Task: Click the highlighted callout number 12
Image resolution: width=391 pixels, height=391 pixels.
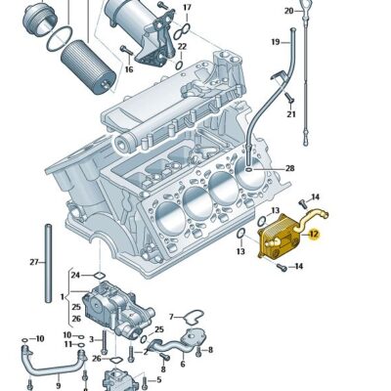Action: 314,234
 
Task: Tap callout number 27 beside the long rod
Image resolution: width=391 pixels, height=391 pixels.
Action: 32,262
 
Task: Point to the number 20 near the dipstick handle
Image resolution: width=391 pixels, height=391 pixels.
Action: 288,11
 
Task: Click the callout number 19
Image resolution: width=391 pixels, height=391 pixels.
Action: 276,41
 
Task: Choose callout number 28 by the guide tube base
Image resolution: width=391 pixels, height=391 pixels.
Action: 289,169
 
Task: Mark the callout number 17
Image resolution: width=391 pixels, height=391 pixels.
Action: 188,8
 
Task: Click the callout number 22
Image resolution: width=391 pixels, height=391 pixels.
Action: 182,46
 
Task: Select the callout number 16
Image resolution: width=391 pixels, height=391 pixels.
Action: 128,69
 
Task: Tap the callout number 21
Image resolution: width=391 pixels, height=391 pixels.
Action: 290,115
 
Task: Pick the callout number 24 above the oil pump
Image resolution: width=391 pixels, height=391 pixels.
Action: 75,276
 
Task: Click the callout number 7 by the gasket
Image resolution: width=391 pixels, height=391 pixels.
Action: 169,316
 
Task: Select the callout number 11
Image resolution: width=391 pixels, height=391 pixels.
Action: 67,345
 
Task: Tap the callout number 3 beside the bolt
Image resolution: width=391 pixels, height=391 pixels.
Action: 90,339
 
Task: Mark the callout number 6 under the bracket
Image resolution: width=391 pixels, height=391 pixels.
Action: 182,362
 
